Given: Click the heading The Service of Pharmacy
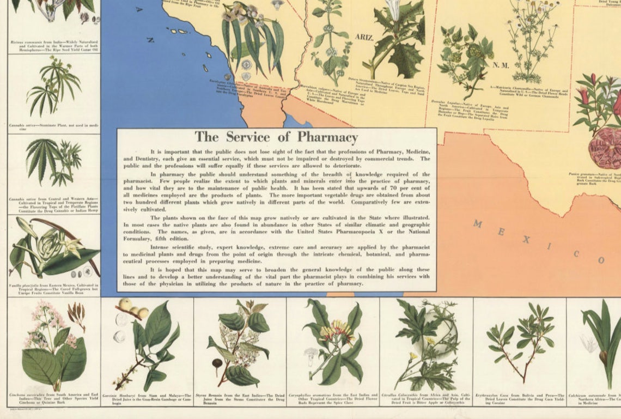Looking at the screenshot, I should [x=276, y=137].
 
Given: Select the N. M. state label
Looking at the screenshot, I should [x=500, y=65].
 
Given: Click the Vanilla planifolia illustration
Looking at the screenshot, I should [x=53, y=248].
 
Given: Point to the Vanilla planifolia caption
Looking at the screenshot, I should [x=53, y=288].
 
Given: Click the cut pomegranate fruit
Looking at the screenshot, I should [x=605, y=147].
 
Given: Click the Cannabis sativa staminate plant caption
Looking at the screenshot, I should [x=53, y=126].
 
